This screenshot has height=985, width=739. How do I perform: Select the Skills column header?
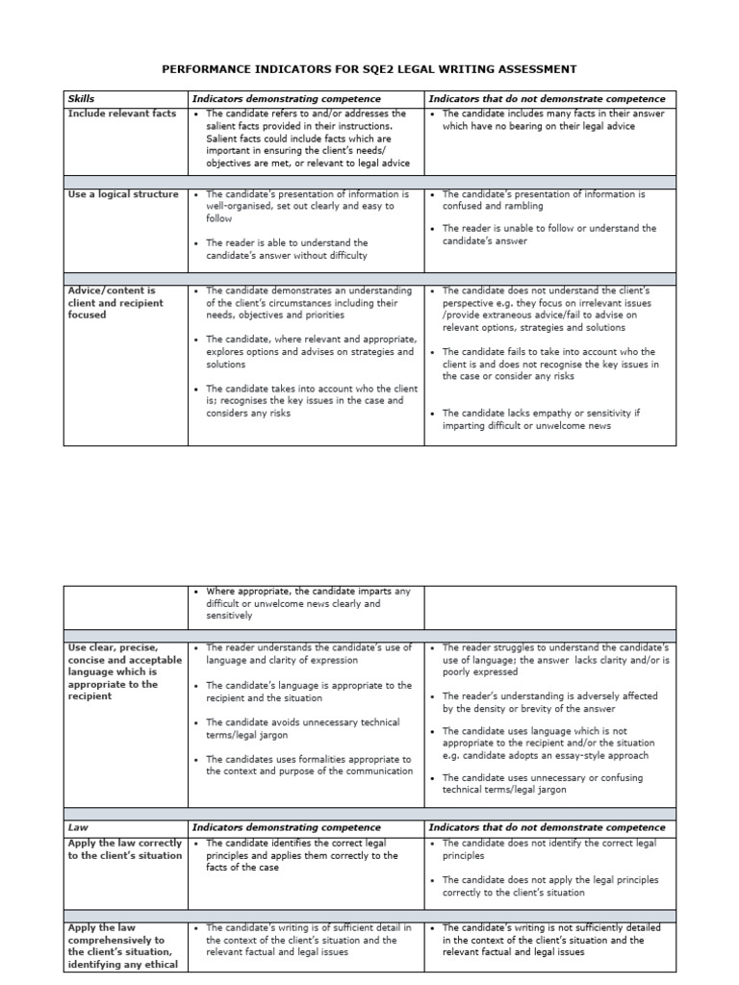(81, 99)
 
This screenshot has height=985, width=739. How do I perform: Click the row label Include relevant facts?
(122, 114)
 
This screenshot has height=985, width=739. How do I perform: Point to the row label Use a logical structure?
(123, 194)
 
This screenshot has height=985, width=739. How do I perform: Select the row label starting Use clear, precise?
(123, 671)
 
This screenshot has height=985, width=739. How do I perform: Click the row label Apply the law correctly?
(124, 849)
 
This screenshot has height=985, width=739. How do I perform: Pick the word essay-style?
(582, 756)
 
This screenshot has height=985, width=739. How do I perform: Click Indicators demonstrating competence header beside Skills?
(287, 99)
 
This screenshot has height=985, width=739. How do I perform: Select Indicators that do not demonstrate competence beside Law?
(547, 827)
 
